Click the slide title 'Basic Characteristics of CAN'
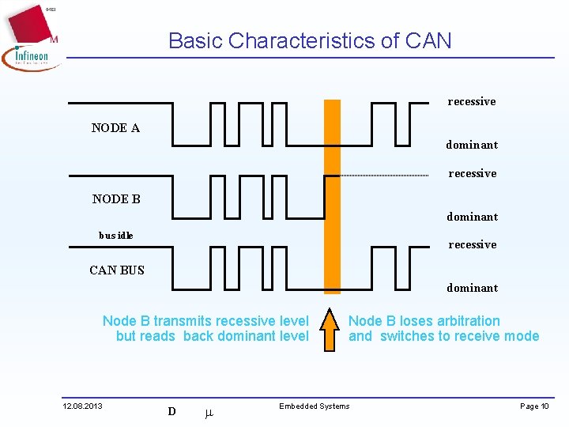(x=310, y=41)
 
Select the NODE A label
(x=115, y=128)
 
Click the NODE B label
(x=116, y=199)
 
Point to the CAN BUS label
(x=117, y=270)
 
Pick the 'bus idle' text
(x=115, y=235)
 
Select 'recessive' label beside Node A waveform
(x=472, y=101)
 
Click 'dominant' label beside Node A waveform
(x=472, y=145)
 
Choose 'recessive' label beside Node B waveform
(x=473, y=173)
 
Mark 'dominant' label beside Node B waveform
(x=472, y=217)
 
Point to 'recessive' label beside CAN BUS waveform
(x=473, y=244)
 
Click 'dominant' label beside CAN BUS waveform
(x=472, y=288)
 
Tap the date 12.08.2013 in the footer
(x=82, y=406)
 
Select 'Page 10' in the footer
(x=534, y=406)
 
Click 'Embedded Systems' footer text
(x=314, y=406)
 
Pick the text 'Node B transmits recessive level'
(x=205, y=321)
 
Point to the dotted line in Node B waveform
(x=384, y=175)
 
